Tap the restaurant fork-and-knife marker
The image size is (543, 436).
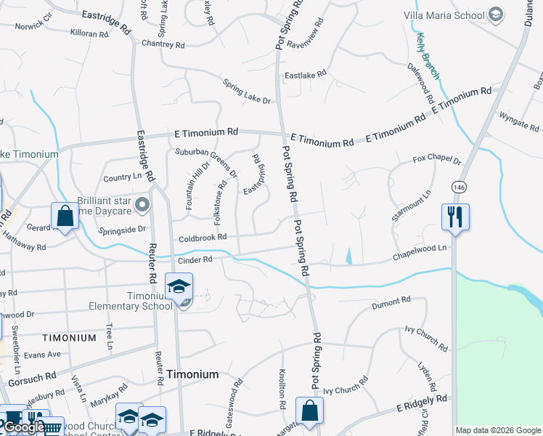point(455,216)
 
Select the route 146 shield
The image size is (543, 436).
point(458,187)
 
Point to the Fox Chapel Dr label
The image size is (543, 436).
point(437,159)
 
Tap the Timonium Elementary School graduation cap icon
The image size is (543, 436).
point(179,287)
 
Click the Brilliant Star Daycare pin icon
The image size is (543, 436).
point(142,205)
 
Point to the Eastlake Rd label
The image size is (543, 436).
point(305,74)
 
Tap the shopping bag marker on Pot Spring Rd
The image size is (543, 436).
point(310,410)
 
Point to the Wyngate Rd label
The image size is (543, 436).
point(519,119)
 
